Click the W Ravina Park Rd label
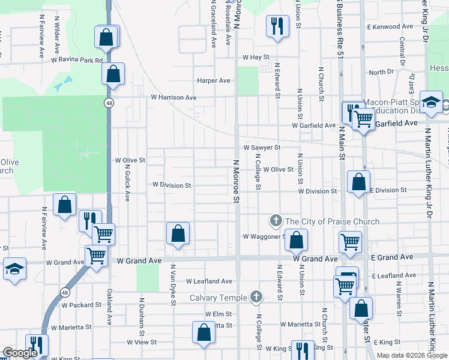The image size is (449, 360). point(77,60)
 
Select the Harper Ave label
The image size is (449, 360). point(214,80)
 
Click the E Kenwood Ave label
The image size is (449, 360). point(390,27)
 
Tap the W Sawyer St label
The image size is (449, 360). point(262,147)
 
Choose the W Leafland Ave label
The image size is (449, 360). point(209,281)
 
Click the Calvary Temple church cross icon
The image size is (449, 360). point(256,296)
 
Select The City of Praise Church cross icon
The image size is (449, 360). point(276,221)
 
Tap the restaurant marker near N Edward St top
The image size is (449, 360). point(277,26)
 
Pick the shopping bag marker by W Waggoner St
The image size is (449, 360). point(296,241)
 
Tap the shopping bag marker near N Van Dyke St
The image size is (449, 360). point(178,233)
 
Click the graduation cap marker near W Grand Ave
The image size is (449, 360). point(14,268)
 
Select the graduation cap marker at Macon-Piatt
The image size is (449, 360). point(431,101)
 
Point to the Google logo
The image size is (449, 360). point(19,353)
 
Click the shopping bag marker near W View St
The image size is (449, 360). point(203,332)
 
